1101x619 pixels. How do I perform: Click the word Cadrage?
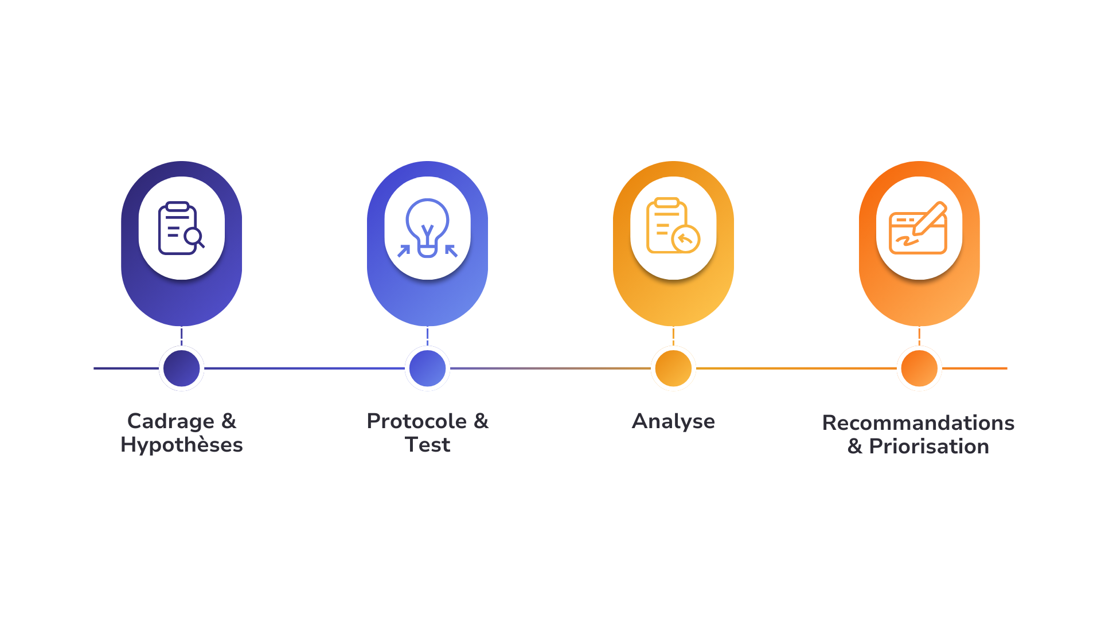pos(170,421)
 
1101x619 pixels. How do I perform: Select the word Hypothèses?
pos(182,445)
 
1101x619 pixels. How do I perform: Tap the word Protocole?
pos(417,421)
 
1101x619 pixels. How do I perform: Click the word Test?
pos(428,445)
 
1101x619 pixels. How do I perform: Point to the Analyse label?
pos(673,421)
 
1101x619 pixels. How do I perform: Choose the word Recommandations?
pos(918,423)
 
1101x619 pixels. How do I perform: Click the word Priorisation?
pos(929,446)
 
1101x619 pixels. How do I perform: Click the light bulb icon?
pos(427,228)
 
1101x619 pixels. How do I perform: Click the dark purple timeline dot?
pos(181,369)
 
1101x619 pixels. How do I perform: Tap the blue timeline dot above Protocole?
pos(427,369)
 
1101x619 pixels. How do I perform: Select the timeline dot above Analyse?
pos(673,369)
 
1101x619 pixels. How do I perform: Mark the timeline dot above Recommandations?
pos(919,369)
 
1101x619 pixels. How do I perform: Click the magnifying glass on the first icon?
pos(194,237)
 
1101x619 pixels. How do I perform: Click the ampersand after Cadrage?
pos(229,421)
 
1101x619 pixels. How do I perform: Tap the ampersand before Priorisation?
pos(855,446)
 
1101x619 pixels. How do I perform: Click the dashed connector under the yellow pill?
pos(673,336)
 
